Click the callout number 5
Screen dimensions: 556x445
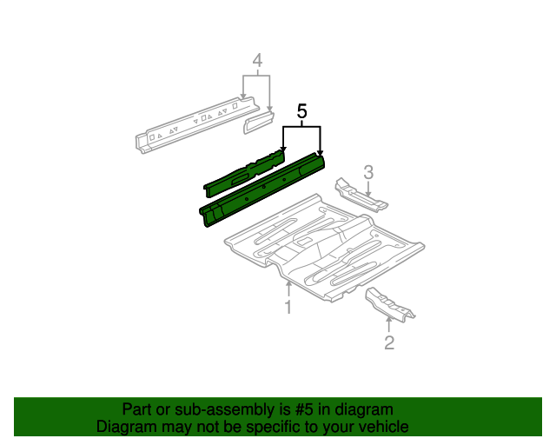click(x=301, y=111)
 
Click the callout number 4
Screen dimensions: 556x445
click(x=257, y=60)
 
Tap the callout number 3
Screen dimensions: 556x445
click(x=368, y=172)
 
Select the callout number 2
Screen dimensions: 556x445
click(x=389, y=342)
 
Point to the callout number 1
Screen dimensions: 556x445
click(x=288, y=307)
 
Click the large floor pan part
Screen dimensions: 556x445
click(x=324, y=248)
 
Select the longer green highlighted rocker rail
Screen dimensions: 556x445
click(x=262, y=189)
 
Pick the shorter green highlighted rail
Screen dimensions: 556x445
click(x=244, y=172)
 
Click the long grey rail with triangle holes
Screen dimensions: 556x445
click(x=197, y=125)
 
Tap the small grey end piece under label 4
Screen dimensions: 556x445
click(x=259, y=122)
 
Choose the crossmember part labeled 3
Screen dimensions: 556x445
click(x=361, y=196)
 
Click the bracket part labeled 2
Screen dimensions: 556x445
click(x=390, y=305)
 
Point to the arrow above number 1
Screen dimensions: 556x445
click(x=289, y=289)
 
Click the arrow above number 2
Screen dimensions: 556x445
click(x=389, y=325)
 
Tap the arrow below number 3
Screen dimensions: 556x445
click(x=368, y=189)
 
